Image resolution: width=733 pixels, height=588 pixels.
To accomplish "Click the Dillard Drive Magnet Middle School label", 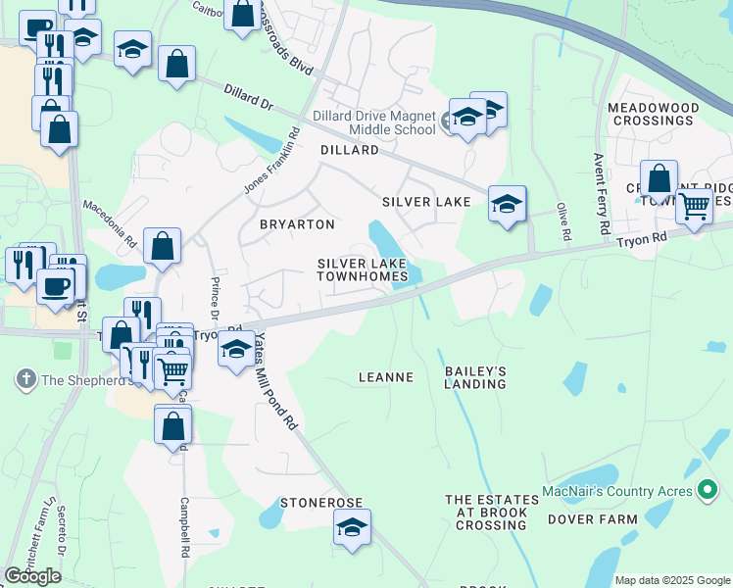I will pyautogui.click(x=374, y=122).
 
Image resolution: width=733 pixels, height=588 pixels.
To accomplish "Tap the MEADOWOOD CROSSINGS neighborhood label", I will pyautogui.click(x=653, y=114).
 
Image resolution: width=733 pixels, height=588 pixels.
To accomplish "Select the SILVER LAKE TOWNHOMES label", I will pyautogui.click(x=363, y=269).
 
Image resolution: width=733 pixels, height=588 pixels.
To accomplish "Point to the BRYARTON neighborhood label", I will pyautogui.click(x=297, y=224).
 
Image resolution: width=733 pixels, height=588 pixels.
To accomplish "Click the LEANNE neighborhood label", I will pyautogui.click(x=386, y=376).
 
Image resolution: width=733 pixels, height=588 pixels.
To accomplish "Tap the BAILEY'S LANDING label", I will pyautogui.click(x=475, y=377).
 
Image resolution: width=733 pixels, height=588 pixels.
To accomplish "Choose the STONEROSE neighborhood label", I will pyautogui.click(x=321, y=502).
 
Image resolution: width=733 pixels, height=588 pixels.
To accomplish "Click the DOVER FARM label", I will pyautogui.click(x=586, y=518).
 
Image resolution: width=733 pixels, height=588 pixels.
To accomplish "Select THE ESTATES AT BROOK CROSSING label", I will pyautogui.click(x=492, y=512).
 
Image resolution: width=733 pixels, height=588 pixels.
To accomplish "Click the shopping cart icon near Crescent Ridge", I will pyautogui.click(x=694, y=207).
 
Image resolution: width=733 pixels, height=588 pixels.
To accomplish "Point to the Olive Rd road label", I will pyautogui.click(x=563, y=222).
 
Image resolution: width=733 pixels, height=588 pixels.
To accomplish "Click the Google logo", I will pyautogui.click(x=32, y=576).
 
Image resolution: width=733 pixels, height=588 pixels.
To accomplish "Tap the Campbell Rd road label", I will pyautogui.click(x=183, y=529).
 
